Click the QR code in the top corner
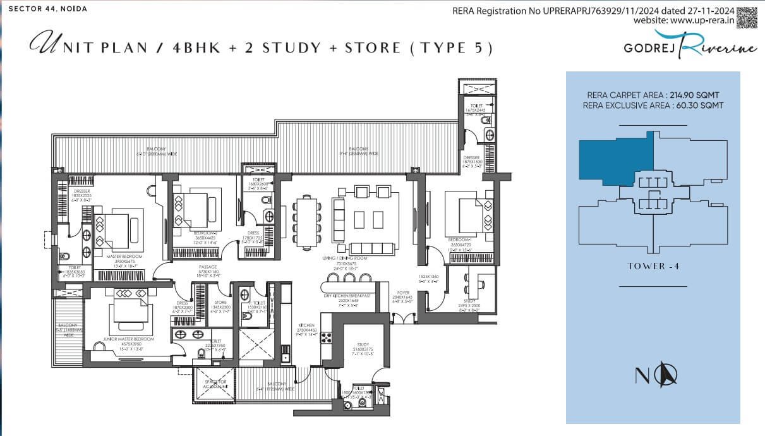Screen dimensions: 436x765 pyautogui.click(x=747, y=16)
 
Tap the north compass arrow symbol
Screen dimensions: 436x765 pyautogui.click(x=666, y=375)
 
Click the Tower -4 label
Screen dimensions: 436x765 pyautogui.click(x=653, y=266)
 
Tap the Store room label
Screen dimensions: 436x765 pyautogui.click(x=220, y=302)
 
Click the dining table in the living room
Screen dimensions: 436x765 pyautogui.click(x=307, y=221)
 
